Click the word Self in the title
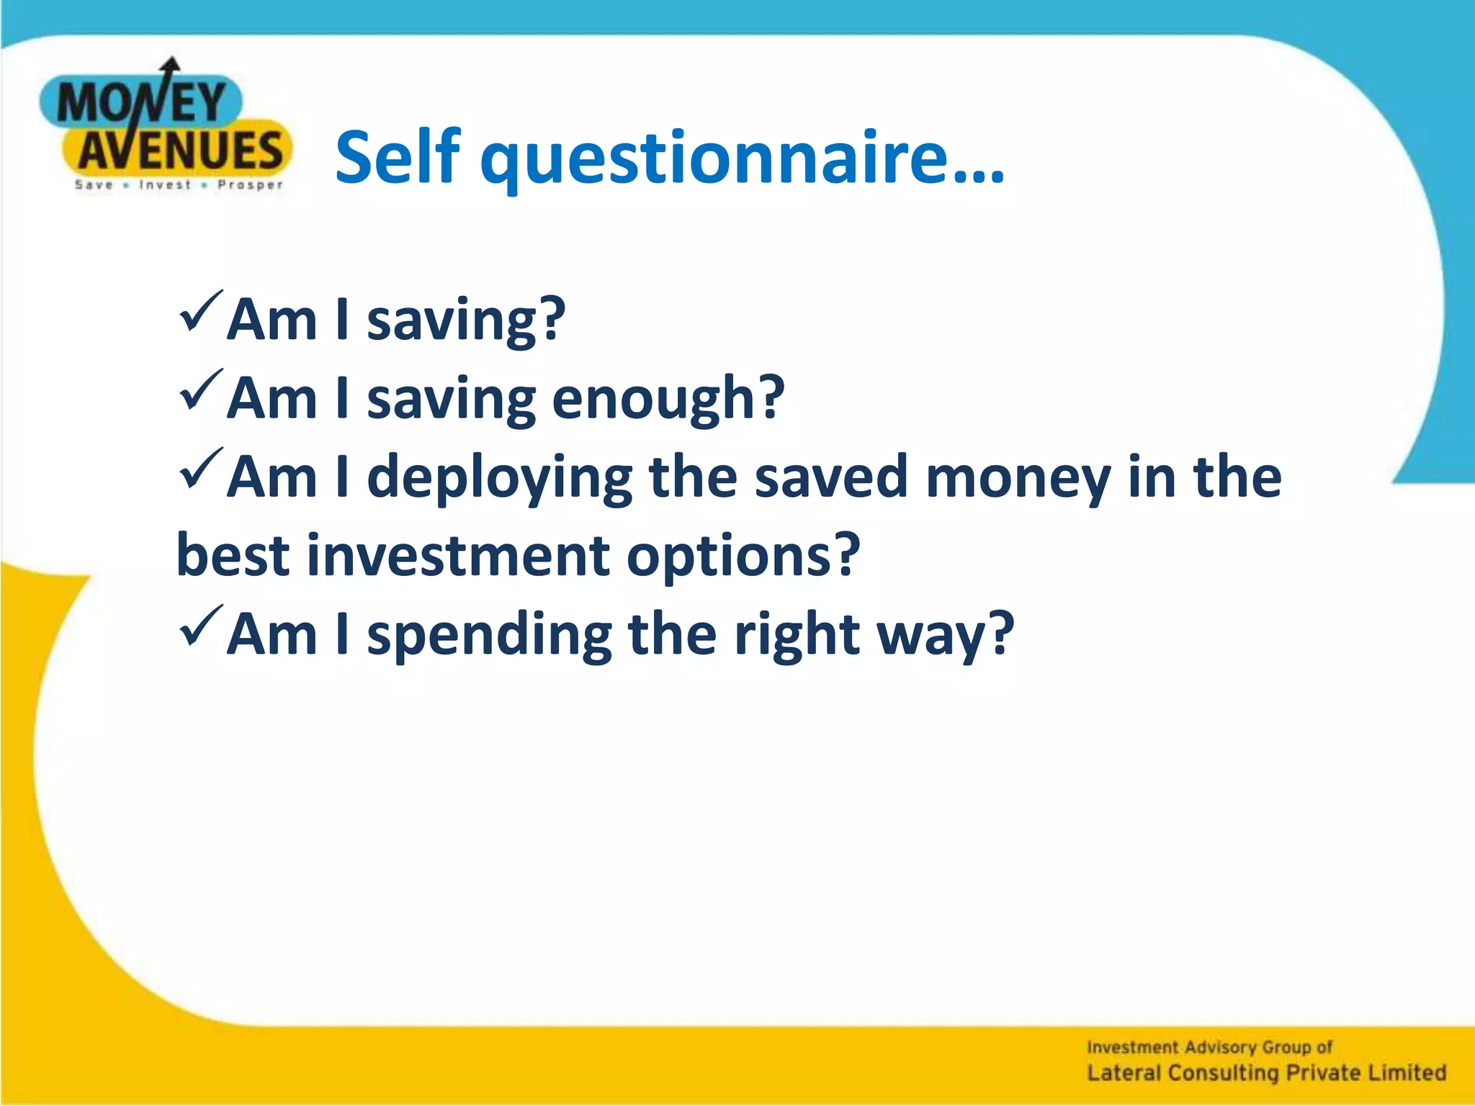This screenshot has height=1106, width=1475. click(x=397, y=157)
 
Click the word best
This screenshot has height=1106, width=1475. click(x=232, y=556)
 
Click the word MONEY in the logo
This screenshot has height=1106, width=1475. click(x=141, y=103)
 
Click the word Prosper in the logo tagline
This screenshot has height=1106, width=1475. click(x=250, y=185)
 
